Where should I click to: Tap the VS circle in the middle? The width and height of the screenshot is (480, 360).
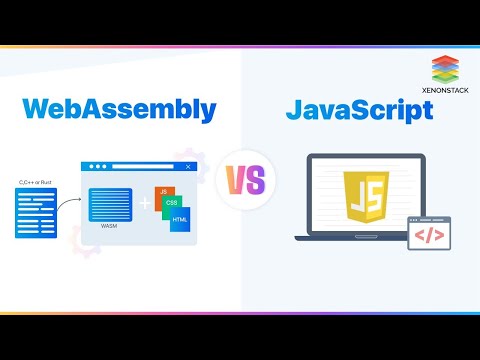[x=240, y=180]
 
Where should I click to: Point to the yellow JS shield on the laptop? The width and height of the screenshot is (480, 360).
[x=359, y=196]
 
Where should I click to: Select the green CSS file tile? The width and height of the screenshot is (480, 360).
[x=172, y=206]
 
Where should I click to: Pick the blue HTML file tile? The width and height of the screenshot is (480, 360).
[x=181, y=220]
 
